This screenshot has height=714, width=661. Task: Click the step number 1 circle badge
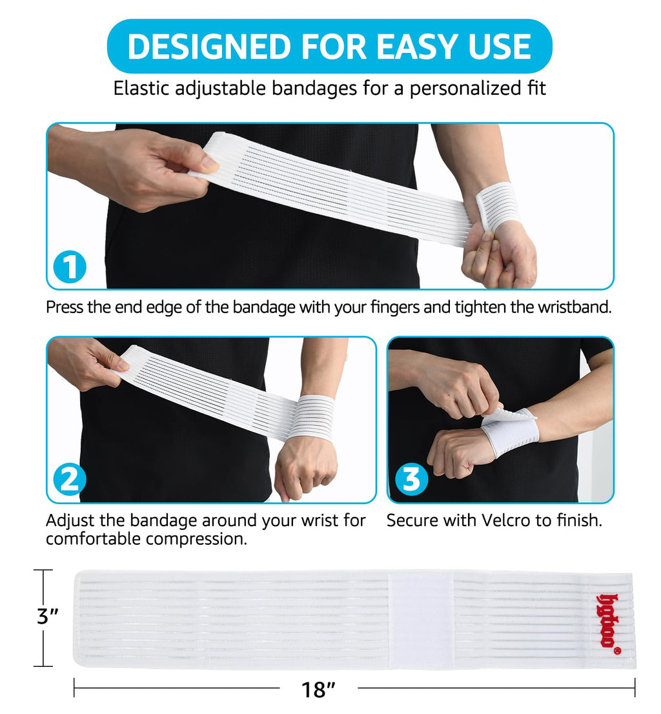pos(70,266)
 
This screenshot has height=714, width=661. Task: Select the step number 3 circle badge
pos(411,479)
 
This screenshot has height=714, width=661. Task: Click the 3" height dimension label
pos(47,617)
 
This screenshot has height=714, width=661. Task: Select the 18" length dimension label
pos(318,690)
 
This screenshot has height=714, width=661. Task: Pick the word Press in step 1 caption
pos(65,307)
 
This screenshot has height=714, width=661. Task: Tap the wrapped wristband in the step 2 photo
pos(312,417)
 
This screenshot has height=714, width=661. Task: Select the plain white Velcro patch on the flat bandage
pos(421,618)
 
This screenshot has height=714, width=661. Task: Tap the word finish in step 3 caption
pos(578,520)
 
